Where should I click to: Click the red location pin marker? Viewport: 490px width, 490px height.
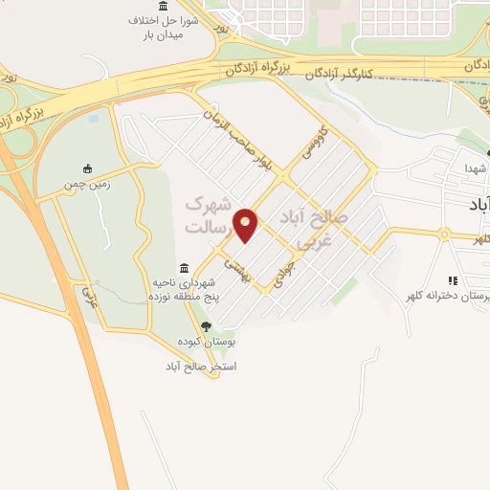[247, 225]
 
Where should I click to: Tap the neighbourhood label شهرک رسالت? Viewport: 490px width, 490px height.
[209, 214]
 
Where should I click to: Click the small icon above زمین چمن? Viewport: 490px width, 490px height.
[88, 167]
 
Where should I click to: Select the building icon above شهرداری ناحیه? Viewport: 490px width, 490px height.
[184, 267]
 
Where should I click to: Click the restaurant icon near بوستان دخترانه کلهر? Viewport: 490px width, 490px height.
[453, 280]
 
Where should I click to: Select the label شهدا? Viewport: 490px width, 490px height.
[476, 168]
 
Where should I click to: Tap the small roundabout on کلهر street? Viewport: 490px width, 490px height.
[445, 234]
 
